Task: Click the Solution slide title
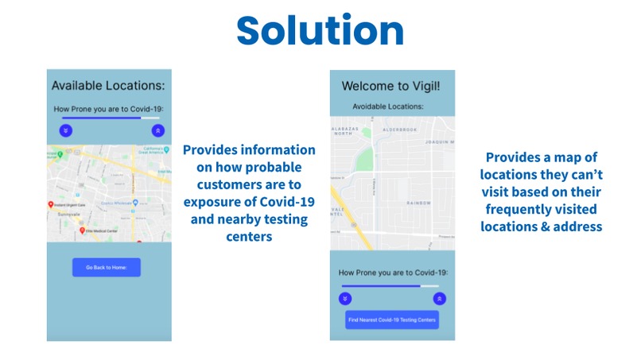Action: (320, 31)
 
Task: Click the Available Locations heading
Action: (109, 85)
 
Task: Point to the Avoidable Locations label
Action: (388, 106)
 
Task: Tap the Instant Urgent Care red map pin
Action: (52, 205)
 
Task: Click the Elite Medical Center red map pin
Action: (80, 230)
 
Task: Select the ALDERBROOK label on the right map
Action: (399, 129)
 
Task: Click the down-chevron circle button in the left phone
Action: (65, 130)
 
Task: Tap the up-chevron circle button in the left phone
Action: (157, 130)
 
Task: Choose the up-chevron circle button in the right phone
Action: (439, 298)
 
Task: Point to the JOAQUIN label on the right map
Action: (439, 141)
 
